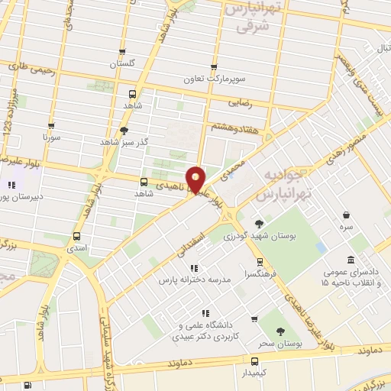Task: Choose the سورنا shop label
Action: point(51,138)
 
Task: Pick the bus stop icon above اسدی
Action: point(76,236)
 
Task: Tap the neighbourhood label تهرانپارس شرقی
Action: point(253,18)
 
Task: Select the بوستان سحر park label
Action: point(276,344)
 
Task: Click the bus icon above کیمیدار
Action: point(255,360)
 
